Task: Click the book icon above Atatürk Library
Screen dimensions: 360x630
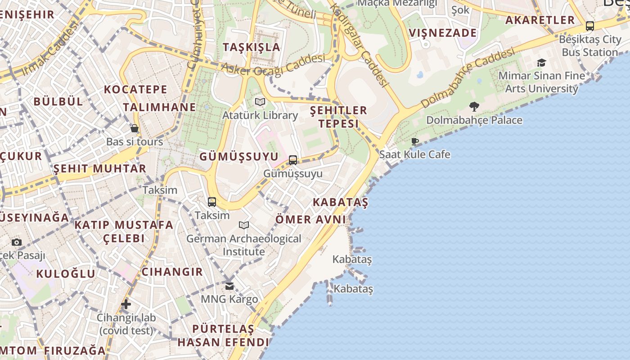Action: point(260,102)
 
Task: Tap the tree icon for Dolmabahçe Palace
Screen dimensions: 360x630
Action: point(474,107)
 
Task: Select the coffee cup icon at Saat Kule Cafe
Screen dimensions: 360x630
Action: point(415,141)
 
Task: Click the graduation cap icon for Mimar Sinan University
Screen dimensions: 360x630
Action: point(541,63)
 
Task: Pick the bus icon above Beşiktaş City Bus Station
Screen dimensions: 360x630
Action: point(590,26)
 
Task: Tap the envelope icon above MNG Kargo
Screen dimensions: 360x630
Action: point(229,286)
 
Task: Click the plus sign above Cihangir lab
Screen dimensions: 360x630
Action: point(126,304)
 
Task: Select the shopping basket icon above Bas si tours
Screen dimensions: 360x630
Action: point(135,129)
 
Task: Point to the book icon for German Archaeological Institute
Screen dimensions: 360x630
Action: point(244,225)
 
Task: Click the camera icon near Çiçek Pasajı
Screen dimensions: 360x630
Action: point(17,242)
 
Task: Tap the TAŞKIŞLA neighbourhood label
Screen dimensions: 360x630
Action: point(252,47)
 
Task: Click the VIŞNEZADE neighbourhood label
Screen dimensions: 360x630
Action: point(443,33)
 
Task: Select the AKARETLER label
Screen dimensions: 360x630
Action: point(540,20)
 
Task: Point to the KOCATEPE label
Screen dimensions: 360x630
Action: point(135,89)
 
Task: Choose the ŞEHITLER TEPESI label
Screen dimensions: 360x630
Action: point(338,117)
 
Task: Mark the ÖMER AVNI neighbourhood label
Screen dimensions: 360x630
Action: point(310,220)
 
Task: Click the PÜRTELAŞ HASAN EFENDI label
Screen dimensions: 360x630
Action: point(223,335)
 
